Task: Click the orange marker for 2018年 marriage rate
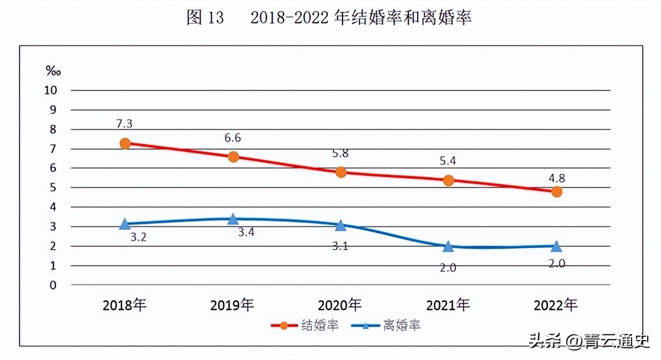125,144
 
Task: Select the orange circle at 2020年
340,172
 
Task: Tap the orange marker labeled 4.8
557,192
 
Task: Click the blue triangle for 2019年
233,219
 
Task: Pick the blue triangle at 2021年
449,246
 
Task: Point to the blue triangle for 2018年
125,224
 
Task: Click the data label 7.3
125,124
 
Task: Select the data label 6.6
233,138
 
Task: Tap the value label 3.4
246,232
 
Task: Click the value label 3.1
340,246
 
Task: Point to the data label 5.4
449,161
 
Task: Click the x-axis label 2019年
232,305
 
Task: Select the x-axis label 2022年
556,305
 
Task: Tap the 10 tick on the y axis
51,90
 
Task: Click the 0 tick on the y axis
53,285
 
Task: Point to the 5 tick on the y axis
53,188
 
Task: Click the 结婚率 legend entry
305,326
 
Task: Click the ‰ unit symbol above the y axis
53,71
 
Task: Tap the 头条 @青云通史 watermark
589,340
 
